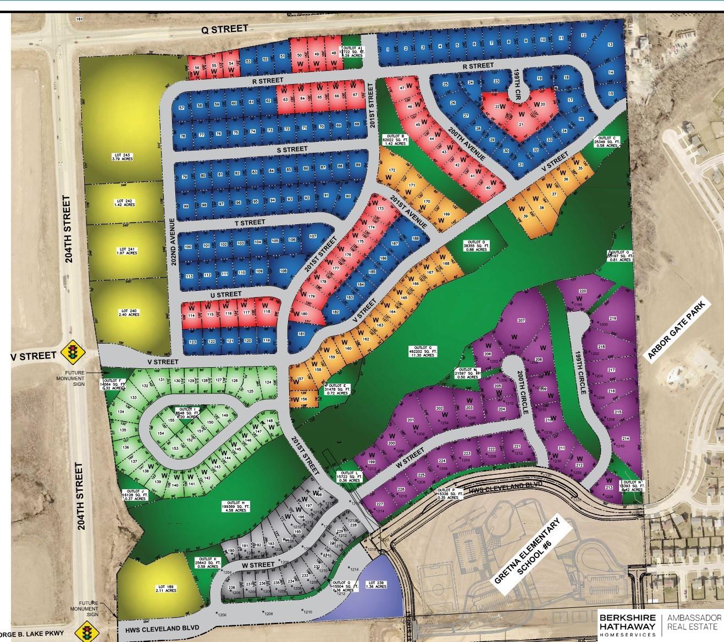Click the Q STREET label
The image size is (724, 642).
click(225, 30)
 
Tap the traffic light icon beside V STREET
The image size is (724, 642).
click(71, 352)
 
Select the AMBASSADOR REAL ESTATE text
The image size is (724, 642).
click(693, 622)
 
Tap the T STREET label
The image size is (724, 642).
click(250, 222)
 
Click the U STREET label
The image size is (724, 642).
click(226, 295)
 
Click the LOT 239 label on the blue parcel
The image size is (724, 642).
click(377, 585)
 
